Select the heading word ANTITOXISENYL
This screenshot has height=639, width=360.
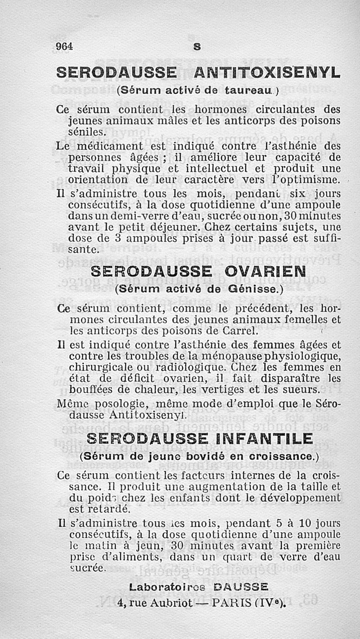coord(267,72)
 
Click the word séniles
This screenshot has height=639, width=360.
coord(88,132)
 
